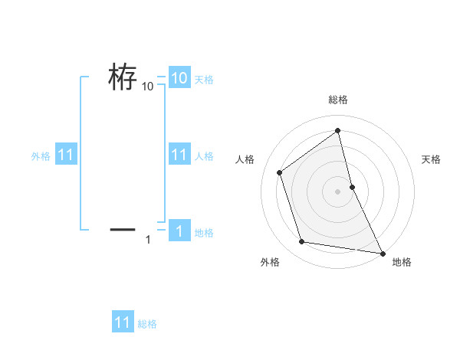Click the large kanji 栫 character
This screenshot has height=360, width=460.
point(123,77)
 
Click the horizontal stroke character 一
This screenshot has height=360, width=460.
point(123,228)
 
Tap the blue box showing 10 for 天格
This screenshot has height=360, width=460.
point(179,78)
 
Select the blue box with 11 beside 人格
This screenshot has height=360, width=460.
point(179,155)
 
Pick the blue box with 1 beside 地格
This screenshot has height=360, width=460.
point(179,231)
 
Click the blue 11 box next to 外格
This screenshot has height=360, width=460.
point(66,155)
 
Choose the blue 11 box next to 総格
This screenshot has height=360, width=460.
point(123,322)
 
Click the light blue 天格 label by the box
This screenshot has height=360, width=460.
point(204,79)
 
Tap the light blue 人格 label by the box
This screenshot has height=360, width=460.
point(204,156)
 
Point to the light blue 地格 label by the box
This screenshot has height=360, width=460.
point(204,233)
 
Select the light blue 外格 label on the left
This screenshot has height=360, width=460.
point(41,156)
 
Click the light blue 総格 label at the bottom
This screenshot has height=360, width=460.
point(147,324)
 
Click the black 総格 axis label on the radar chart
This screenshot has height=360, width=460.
point(338,100)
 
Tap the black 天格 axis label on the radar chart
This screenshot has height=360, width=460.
point(431,159)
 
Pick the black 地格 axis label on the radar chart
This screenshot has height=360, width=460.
point(402,262)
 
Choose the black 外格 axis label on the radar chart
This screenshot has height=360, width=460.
point(270,262)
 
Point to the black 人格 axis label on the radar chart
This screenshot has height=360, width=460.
point(245,159)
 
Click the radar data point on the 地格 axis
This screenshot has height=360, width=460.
point(382,252)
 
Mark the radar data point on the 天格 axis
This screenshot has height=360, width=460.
point(352,186)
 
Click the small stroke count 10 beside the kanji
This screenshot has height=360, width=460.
point(148,87)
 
